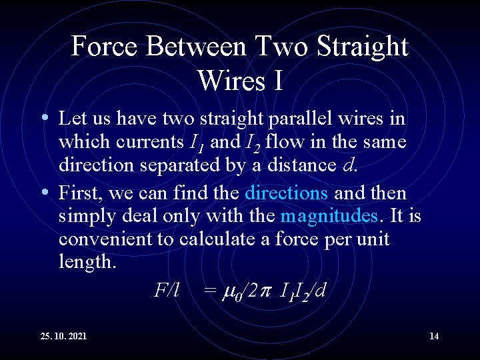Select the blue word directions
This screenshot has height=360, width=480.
point(286,193)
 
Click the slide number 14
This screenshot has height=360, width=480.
point(434,336)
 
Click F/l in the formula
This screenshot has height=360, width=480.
point(167,290)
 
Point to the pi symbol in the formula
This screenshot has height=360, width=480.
point(265,291)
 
